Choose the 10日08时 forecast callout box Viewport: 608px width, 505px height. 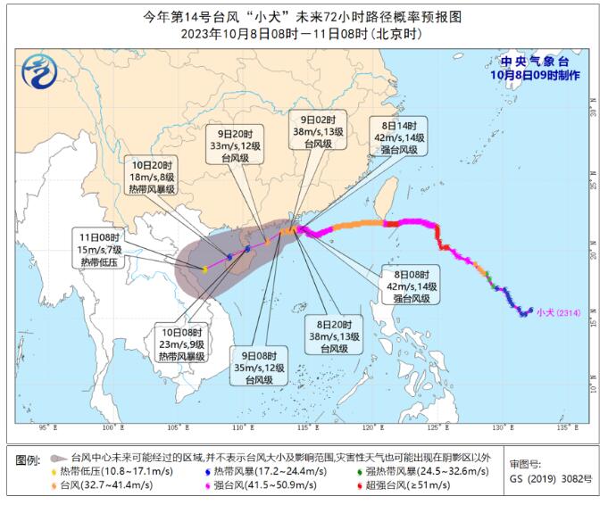coord(181,344)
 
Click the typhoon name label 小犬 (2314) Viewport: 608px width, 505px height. coord(559,312)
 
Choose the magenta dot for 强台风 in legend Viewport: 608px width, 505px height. coord(207,484)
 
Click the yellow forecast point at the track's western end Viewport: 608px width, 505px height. coord(204,269)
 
